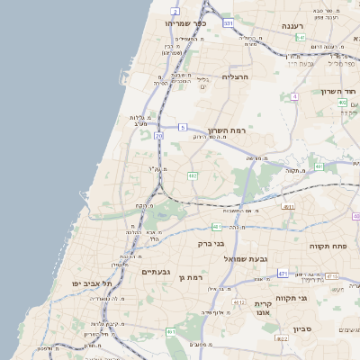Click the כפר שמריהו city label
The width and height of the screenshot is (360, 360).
tap(186, 22)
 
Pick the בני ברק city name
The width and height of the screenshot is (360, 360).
tap(211, 243)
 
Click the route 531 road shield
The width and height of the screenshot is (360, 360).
tap(229, 22)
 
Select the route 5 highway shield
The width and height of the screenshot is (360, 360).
tap(183, 129)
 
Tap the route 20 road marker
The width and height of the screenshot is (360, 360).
tap(159, 136)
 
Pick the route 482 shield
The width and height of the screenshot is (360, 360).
tap(193, 175)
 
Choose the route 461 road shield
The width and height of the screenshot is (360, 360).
tap(171, 332)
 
